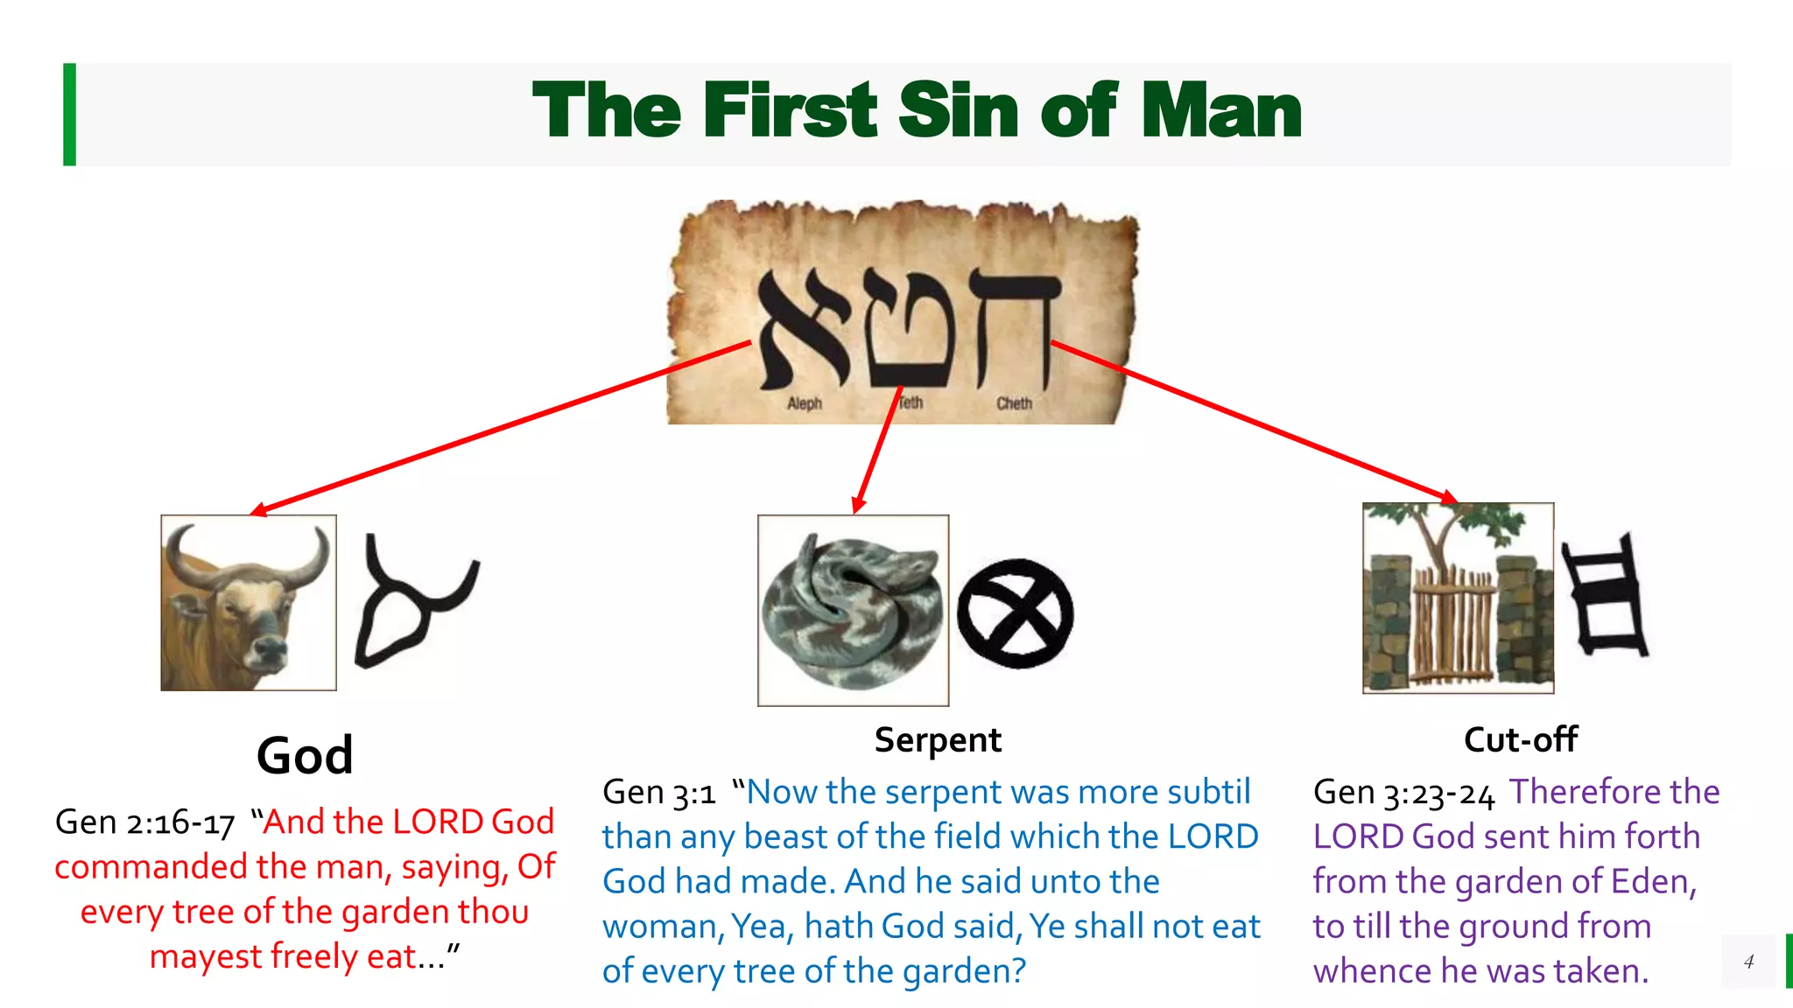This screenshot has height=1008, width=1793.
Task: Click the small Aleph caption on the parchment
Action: (804, 403)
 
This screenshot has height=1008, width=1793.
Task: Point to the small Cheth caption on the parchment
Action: (1014, 403)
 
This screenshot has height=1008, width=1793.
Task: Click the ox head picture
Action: (249, 603)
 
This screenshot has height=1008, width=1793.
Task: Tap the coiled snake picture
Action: (853, 610)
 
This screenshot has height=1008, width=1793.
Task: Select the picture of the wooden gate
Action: (1458, 598)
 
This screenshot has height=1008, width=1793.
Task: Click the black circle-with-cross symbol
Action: (1015, 613)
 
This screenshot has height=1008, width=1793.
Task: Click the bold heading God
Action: (305, 755)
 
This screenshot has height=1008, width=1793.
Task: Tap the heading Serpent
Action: (938, 740)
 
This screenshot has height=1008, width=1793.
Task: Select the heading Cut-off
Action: (1520, 740)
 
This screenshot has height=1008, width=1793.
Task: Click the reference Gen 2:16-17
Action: (145, 822)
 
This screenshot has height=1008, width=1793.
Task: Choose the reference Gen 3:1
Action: (658, 793)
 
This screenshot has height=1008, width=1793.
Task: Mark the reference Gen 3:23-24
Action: (1403, 793)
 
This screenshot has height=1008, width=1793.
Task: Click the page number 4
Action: (1748, 962)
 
